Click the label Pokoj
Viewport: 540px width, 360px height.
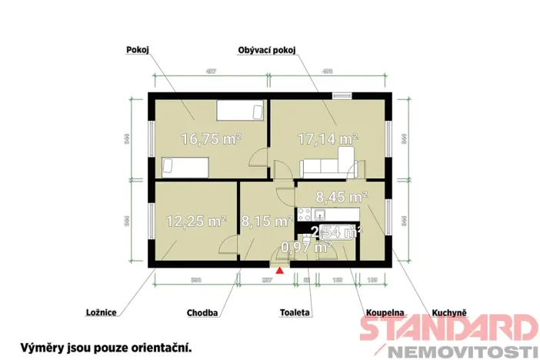pyautogui.click(x=137, y=49)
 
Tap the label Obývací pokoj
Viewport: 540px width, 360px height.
pyautogui.click(x=267, y=49)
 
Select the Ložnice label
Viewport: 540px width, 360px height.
pyautogui.click(x=102, y=312)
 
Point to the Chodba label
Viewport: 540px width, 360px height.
pyautogui.click(x=203, y=313)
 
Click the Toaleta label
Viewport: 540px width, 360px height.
pyautogui.click(x=295, y=313)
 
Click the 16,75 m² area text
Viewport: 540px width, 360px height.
pyautogui.click(x=211, y=139)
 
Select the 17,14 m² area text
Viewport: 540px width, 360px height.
pyautogui.click(x=328, y=139)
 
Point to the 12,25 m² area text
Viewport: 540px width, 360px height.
pyautogui.click(x=196, y=222)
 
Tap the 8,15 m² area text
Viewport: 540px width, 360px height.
pyautogui.click(x=266, y=222)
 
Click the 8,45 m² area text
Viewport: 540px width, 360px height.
pyautogui.click(x=342, y=198)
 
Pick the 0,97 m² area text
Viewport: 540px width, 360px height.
pyautogui.click(x=306, y=247)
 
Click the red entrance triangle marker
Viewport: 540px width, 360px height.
pyautogui.click(x=281, y=268)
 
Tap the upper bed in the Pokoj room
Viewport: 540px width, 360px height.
pyautogui.click(x=240, y=112)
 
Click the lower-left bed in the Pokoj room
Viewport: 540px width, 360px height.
pyautogui.click(x=185, y=165)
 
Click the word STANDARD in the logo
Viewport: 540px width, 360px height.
pyautogui.click(x=448, y=328)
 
